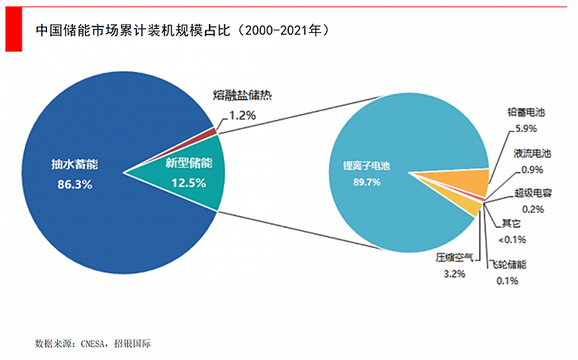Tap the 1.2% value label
coord(240,116)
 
